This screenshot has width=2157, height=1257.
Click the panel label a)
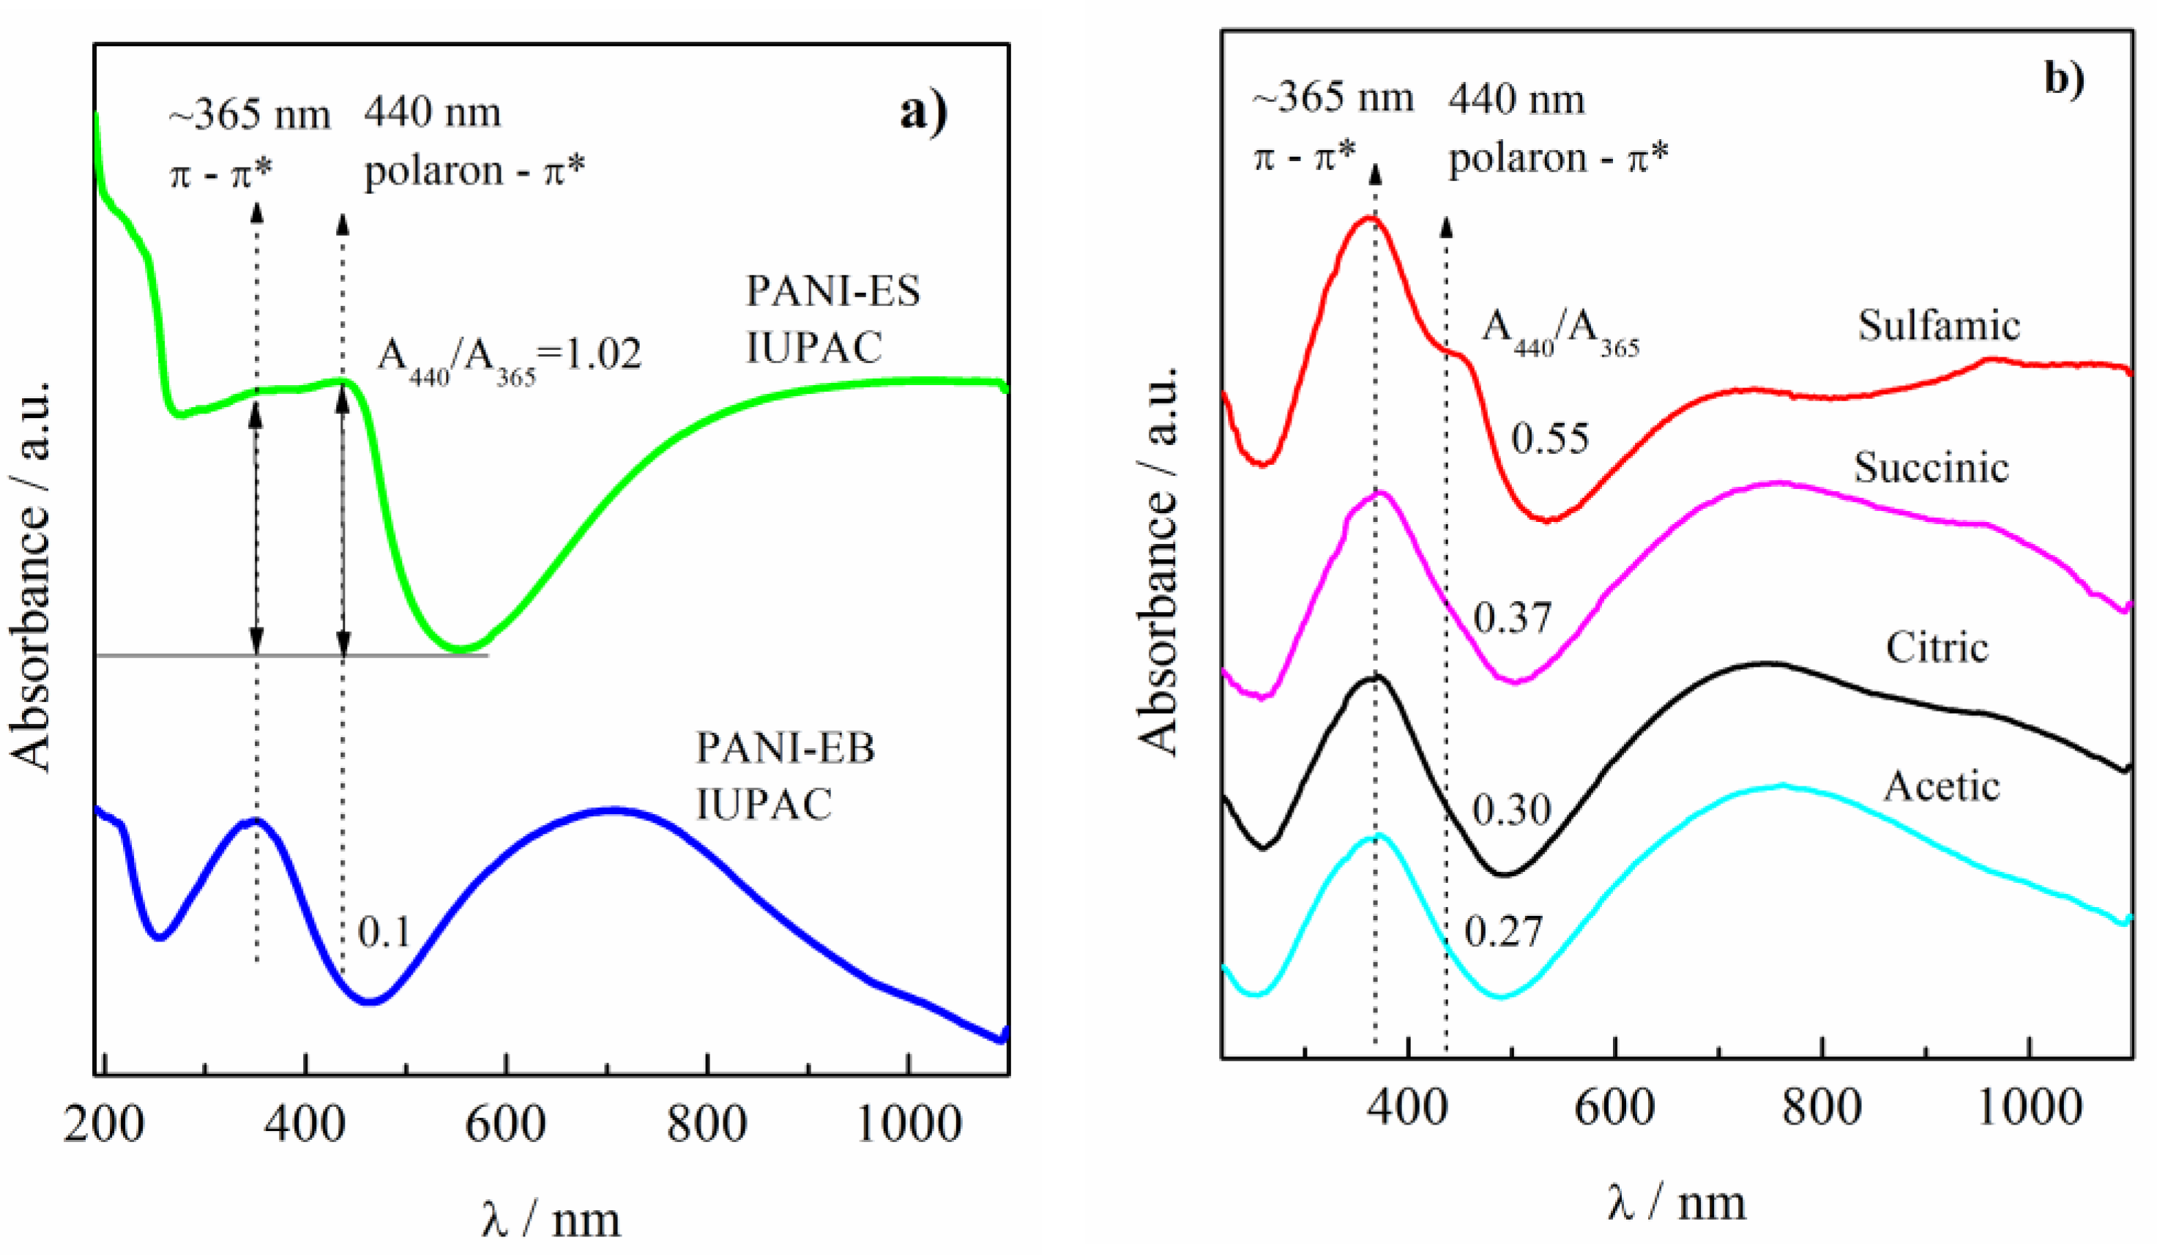[x=923, y=113]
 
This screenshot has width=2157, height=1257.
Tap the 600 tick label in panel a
[x=505, y=1124]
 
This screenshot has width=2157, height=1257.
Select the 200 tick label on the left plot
[x=103, y=1124]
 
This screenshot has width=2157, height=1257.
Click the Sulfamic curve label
[x=1938, y=326]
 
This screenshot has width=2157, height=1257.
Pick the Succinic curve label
[x=1931, y=467]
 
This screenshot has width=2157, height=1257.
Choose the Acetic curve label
[x=1941, y=786]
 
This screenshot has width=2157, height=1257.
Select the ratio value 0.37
[x=1513, y=618]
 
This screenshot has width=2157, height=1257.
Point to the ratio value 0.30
[x=1512, y=810]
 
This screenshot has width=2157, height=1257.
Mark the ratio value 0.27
[x=1503, y=931]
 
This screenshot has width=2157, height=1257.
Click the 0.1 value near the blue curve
[x=384, y=932]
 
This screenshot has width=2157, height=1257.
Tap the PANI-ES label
[x=832, y=292]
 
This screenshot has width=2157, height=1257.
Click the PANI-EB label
[x=785, y=749]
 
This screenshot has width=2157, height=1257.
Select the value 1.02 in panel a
[x=598, y=354]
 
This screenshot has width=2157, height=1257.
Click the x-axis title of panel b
[x=1676, y=1202]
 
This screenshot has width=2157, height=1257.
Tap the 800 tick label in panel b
[x=1822, y=1108]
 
